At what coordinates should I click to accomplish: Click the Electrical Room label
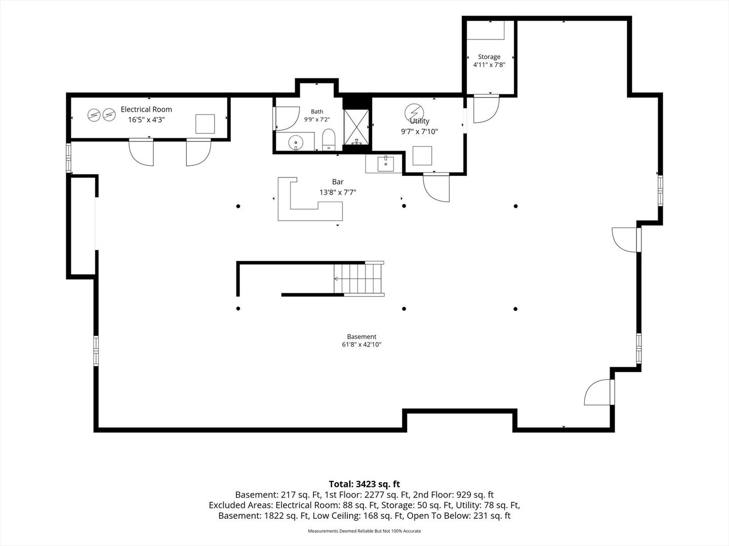click(146, 109)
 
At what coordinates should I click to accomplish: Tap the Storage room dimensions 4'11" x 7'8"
click(489, 65)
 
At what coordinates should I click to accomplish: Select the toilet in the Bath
click(329, 140)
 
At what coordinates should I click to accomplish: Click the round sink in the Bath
click(295, 143)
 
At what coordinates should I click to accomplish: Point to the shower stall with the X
click(356, 127)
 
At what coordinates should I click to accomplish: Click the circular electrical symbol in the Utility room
click(414, 112)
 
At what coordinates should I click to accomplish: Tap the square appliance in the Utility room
click(422, 156)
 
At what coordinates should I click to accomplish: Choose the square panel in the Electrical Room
click(205, 124)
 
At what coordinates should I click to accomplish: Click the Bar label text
click(338, 181)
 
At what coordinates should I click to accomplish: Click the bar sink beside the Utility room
click(386, 164)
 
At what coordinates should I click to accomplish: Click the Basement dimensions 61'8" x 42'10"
click(361, 344)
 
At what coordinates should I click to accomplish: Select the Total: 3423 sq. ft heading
click(364, 484)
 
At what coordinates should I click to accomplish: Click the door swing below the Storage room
click(486, 109)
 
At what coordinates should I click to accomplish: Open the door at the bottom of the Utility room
click(436, 187)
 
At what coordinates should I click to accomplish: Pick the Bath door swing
click(287, 118)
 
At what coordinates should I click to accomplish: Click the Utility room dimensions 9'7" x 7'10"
click(420, 131)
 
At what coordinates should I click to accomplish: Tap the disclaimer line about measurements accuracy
click(364, 531)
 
